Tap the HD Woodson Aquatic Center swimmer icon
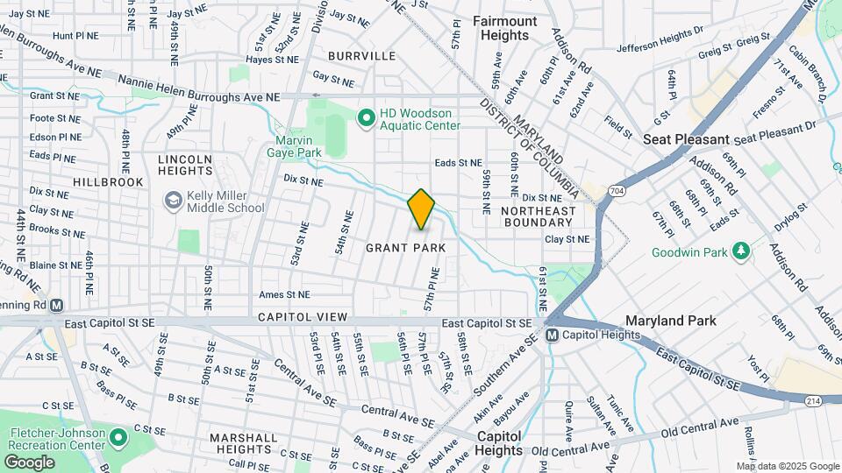[365, 116]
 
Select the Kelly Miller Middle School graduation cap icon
[173, 200]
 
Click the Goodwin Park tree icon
[741, 251]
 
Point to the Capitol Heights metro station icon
[552, 335]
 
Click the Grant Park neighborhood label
[405, 248]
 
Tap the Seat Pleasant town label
[686, 139]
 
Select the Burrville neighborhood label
[361, 56]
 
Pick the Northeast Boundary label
[539, 216]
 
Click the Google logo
[29, 462]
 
